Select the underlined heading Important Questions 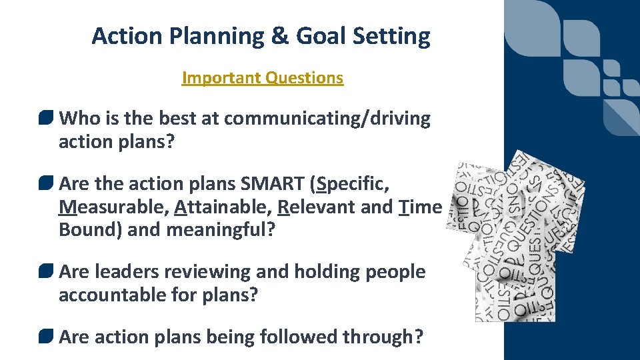(x=262, y=78)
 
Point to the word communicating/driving (x=327, y=119)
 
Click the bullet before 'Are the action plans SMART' (x=46, y=183)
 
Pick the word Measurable (x=113, y=207)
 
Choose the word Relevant (x=316, y=207)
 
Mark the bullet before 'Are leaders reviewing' (x=46, y=272)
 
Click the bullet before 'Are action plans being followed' (x=46, y=337)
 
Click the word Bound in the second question (x=85, y=231)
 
